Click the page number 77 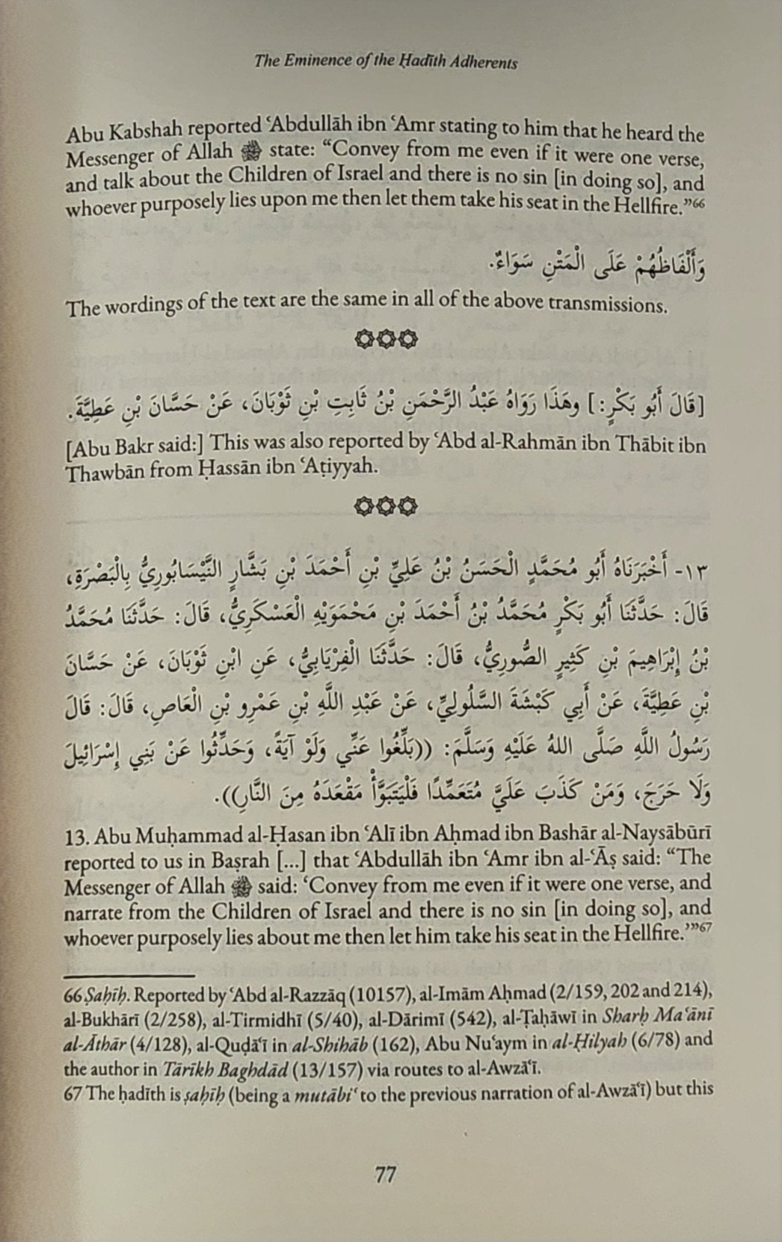[x=386, y=1176]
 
